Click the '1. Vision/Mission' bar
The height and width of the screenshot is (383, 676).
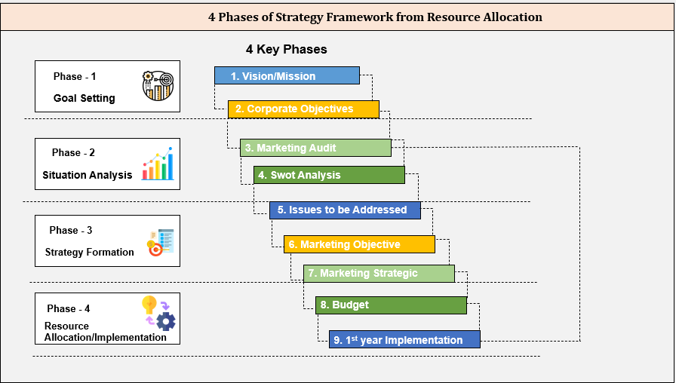287,75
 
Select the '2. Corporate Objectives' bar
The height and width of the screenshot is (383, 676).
303,109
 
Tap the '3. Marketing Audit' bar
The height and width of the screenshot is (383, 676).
315,148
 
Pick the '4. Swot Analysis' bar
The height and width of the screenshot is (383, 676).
329,175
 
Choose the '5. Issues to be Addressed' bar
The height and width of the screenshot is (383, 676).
345,210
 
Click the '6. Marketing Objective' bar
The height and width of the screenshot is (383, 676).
359,244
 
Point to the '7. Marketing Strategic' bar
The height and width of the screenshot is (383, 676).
379,273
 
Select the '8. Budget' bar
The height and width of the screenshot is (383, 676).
391,305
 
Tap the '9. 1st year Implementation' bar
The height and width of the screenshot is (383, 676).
404,339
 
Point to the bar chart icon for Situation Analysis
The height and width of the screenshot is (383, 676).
158,164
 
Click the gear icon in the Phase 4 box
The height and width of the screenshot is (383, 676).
166,321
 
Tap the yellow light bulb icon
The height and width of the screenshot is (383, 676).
149,305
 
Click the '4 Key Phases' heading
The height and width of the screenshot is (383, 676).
287,50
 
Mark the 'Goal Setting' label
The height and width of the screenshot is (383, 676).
84,98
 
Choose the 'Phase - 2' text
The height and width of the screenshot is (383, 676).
73,152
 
